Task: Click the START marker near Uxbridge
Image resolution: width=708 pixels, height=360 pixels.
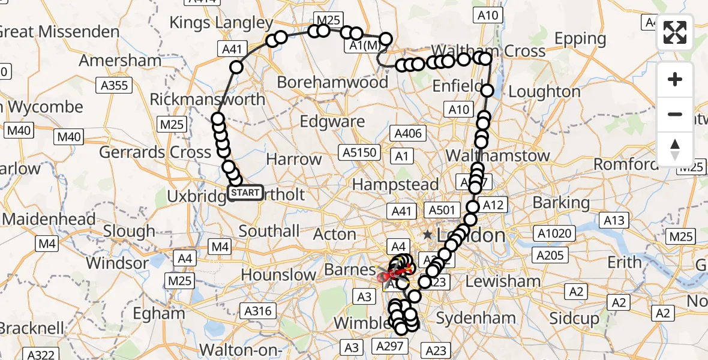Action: [x=245, y=193]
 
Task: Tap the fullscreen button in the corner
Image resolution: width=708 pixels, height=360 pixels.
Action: [x=675, y=32]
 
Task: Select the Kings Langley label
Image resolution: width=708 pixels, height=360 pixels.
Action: [x=221, y=23]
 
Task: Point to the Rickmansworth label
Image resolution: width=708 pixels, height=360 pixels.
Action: [x=207, y=99]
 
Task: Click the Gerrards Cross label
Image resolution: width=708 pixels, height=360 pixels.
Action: [x=155, y=152]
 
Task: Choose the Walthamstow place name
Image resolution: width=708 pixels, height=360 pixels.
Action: [x=498, y=155]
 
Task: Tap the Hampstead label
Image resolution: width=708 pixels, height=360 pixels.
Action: [x=395, y=184]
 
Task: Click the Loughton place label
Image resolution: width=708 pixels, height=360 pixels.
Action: [x=545, y=92]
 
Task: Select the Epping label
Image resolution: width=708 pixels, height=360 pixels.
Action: [x=580, y=39]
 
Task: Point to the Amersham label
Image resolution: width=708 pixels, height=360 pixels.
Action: [x=118, y=61]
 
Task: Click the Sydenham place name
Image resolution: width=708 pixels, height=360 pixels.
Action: [x=476, y=318]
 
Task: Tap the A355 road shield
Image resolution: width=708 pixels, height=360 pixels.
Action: [x=115, y=85]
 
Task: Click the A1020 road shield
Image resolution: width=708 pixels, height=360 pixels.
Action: [x=556, y=233]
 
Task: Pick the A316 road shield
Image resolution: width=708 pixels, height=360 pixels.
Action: [x=259, y=311]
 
